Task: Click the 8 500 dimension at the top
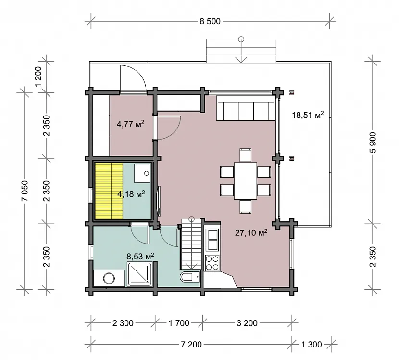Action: pos(210,21)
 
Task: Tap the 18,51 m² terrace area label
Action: pos(308,115)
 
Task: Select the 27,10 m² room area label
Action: pos(251,232)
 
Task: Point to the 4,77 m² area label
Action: pos(131,124)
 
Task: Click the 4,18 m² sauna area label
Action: pos(131,194)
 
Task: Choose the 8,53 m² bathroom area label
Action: pos(140,256)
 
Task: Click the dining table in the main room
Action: pos(246,181)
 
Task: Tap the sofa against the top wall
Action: pos(246,108)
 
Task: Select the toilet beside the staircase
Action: pos(189,277)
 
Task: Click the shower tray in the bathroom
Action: pos(139,275)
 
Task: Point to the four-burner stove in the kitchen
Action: pos(212,263)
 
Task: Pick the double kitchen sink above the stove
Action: pos(212,240)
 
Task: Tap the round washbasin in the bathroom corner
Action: pos(109,279)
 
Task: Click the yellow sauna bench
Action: pos(109,191)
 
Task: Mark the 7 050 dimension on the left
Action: pos(25,191)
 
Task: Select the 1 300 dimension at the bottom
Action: pos(312,345)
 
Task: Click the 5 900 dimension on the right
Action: pos(373,142)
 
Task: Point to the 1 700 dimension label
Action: pos(179,323)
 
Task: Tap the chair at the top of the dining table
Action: pos(246,155)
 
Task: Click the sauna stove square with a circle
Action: pos(142,173)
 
